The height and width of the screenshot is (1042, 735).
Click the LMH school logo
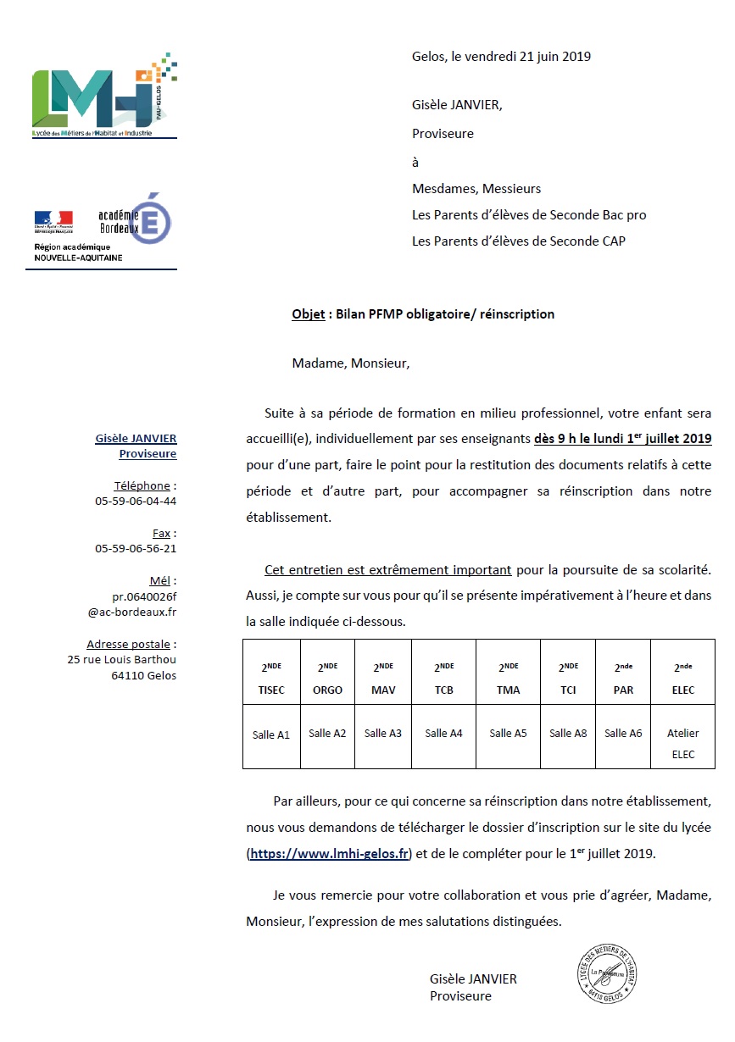103,96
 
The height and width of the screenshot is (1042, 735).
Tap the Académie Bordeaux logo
136,219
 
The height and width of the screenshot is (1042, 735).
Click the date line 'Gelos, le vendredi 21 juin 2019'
501,57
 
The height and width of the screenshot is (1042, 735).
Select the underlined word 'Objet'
309,314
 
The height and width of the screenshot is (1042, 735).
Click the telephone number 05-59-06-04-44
136,501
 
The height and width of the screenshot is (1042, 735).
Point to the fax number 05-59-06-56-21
136,548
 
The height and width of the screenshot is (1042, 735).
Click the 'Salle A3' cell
383,734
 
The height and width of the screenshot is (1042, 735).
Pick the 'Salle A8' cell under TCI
568,734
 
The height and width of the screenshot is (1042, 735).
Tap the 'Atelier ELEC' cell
682,744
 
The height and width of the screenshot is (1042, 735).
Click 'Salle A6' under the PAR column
623,734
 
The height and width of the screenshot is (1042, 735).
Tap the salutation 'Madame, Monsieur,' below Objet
350,363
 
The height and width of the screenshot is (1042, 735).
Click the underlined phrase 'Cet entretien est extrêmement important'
387,570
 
